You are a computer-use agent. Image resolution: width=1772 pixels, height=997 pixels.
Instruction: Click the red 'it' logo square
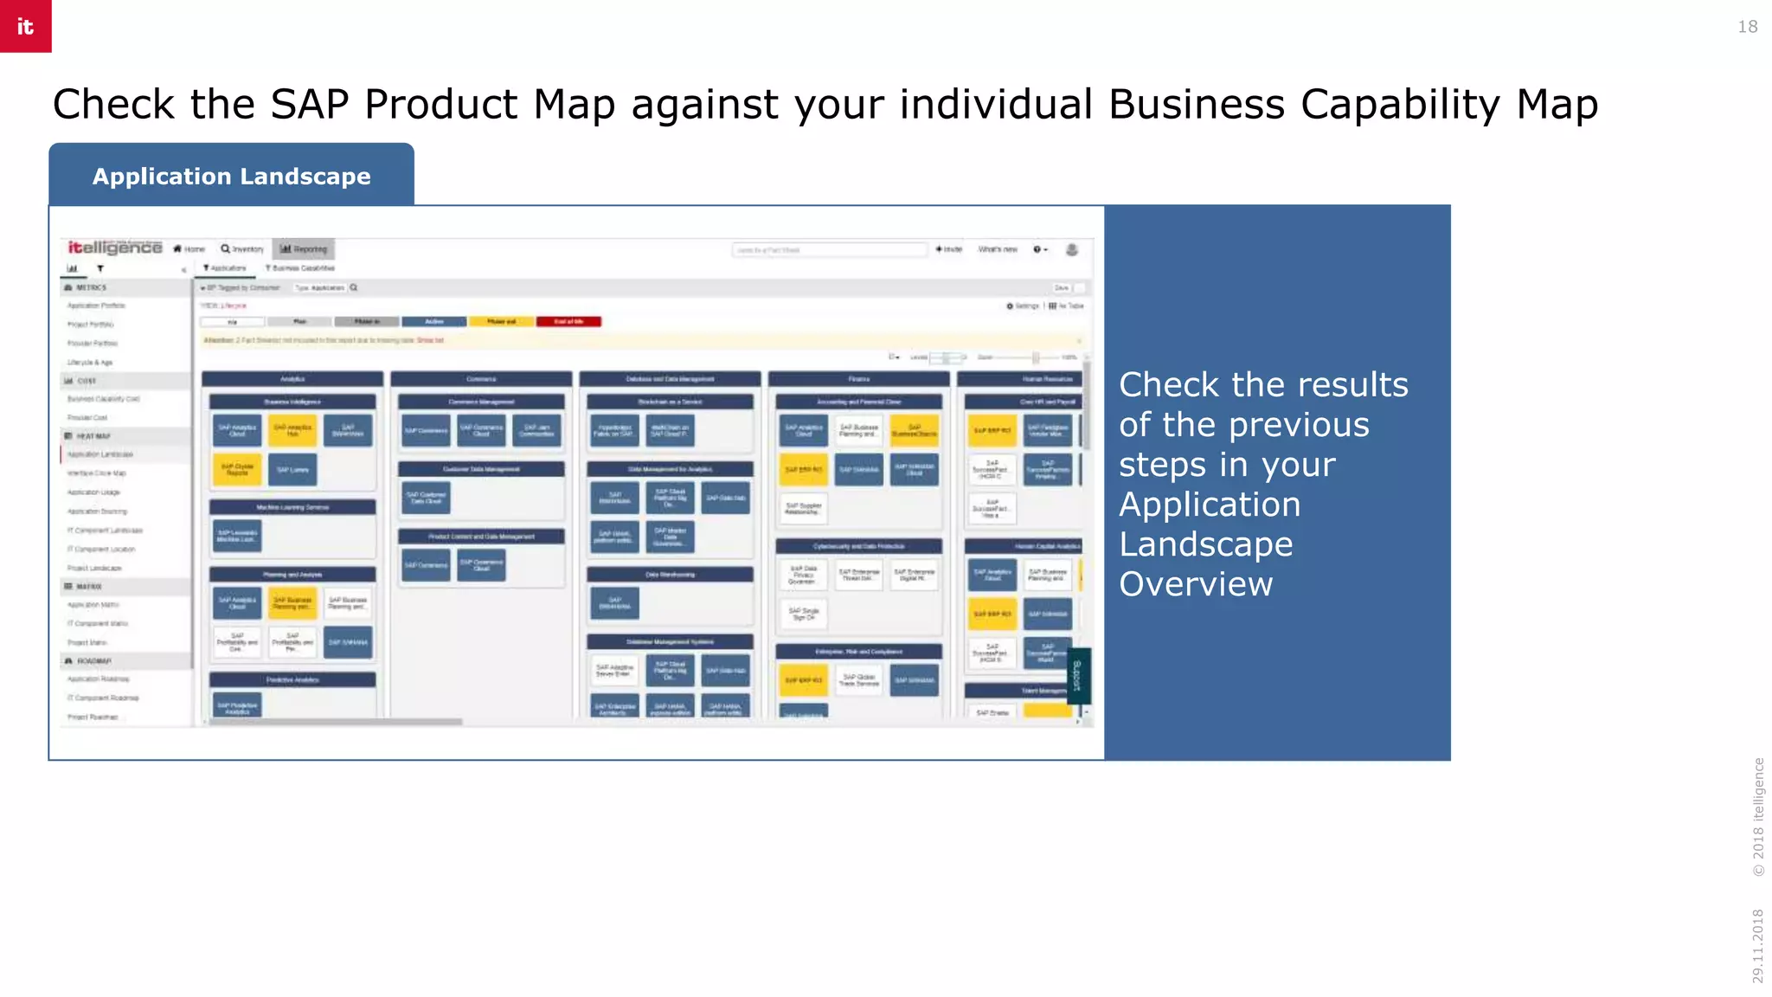[x=25, y=26]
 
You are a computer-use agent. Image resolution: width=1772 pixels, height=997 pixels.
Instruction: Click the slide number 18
[x=1747, y=27]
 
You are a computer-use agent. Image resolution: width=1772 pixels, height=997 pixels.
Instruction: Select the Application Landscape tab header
[x=231, y=176]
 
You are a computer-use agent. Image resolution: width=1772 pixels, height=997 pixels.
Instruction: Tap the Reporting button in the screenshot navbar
[x=304, y=249]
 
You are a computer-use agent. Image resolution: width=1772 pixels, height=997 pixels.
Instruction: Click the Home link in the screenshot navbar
[x=189, y=249]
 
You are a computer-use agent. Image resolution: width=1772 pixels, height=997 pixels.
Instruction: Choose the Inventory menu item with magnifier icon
[x=242, y=249]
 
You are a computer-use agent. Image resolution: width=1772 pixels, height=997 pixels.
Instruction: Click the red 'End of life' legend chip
[x=568, y=322]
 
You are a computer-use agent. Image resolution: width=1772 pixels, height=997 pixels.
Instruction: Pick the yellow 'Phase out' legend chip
[x=502, y=322]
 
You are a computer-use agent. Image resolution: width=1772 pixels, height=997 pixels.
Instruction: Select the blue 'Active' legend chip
[x=434, y=322]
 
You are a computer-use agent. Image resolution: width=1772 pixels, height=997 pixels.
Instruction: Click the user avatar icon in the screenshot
[x=1071, y=250]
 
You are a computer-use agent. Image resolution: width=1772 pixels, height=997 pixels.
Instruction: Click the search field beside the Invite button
[x=829, y=250]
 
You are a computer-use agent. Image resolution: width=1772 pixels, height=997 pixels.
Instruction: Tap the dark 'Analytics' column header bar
[x=292, y=379]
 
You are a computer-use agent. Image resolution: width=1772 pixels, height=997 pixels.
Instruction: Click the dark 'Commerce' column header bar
[x=481, y=379]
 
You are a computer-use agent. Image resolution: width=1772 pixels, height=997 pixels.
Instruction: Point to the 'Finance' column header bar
[x=858, y=379]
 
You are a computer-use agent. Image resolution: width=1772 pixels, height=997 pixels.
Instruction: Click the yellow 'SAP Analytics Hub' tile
[x=292, y=430]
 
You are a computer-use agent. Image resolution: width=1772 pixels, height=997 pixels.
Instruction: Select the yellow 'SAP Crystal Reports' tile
[x=237, y=470]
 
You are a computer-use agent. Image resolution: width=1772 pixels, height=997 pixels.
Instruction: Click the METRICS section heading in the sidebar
[x=91, y=287]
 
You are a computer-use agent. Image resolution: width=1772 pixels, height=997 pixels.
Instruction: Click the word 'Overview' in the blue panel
[x=1196, y=584]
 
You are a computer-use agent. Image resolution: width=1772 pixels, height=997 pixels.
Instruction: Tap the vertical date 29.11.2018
[x=1757, y=945]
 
